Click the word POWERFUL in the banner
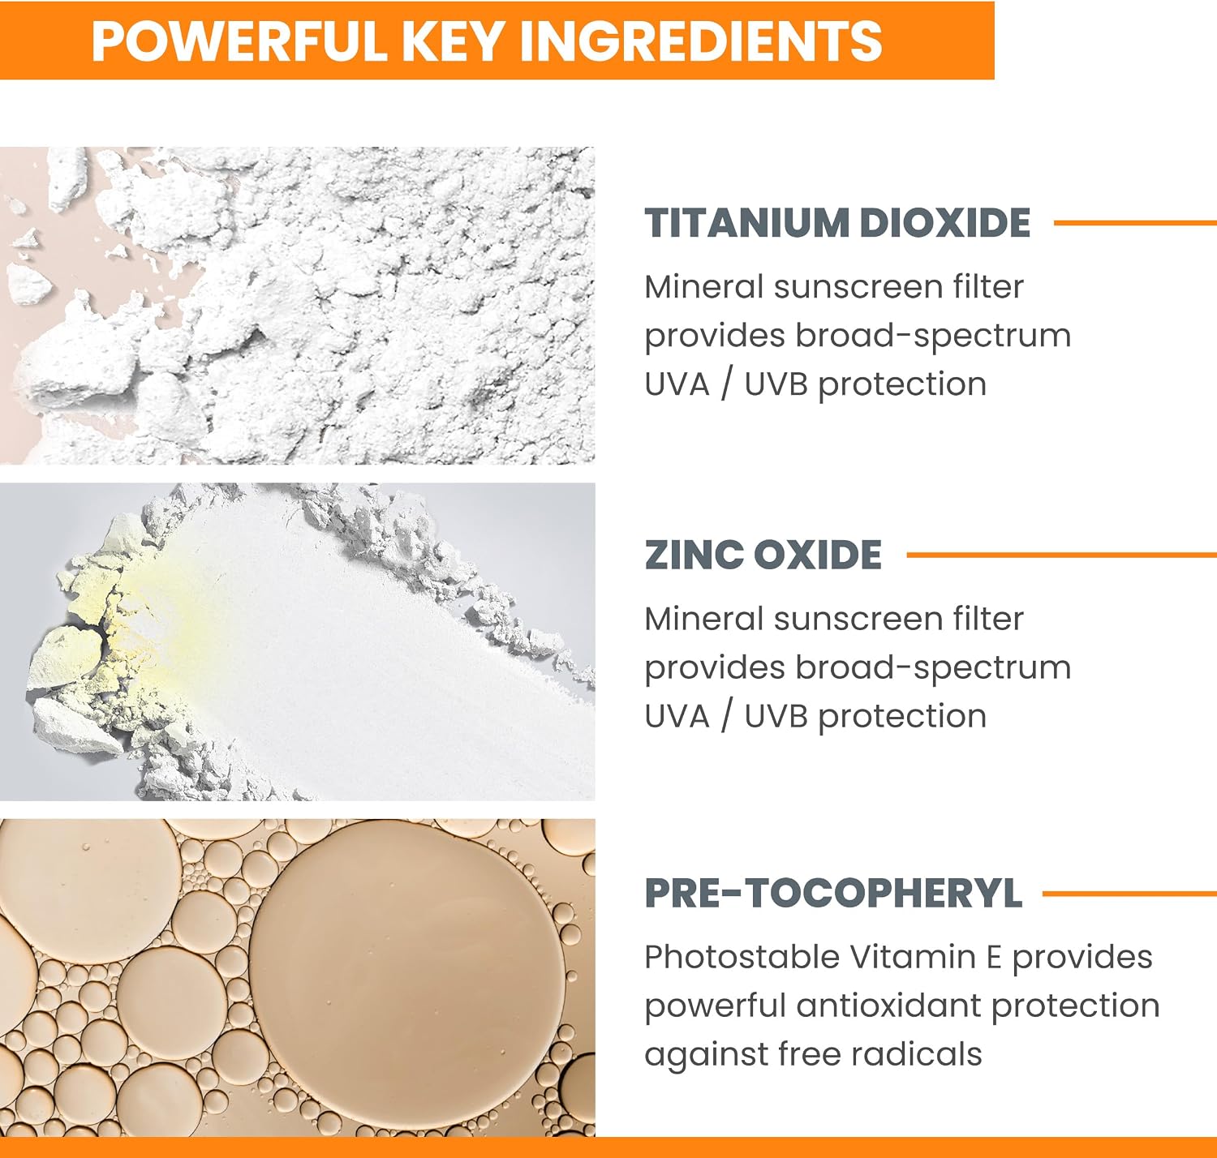239,41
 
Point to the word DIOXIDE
945,223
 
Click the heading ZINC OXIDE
763,555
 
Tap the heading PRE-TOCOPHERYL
833,893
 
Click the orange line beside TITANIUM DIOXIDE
1135,223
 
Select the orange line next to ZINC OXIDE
1061,555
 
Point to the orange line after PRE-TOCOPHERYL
1129,894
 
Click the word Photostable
742,958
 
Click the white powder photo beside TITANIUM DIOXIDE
297,305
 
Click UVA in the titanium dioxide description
677,384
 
